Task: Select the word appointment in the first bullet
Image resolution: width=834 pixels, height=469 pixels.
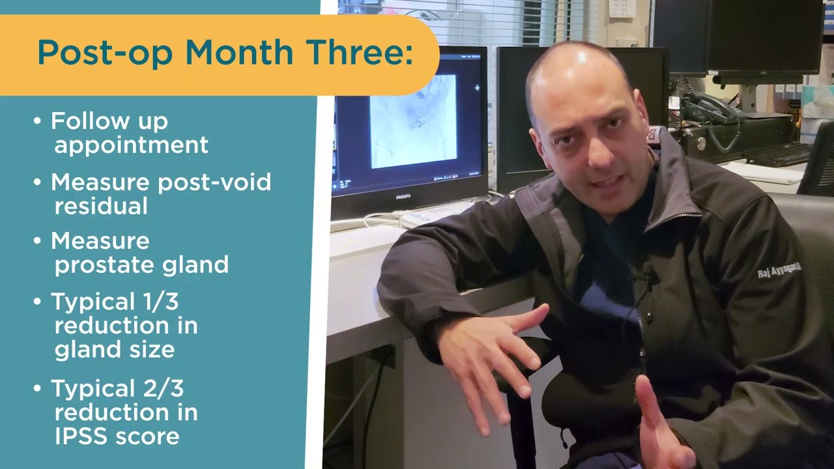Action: coord(131,145)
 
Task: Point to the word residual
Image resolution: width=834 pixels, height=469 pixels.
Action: coord(101,206)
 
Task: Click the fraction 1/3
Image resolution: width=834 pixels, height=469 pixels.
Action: coord(156,302)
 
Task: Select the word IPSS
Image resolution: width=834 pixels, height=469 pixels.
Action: coord(81,436)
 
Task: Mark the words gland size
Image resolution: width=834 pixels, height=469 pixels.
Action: coord(115,349)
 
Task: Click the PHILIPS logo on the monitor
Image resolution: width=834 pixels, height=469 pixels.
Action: coord(404,196)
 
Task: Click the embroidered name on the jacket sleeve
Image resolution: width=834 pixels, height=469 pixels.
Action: coord(779,271)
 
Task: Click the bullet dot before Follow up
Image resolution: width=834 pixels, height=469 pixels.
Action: coord(37,122)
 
